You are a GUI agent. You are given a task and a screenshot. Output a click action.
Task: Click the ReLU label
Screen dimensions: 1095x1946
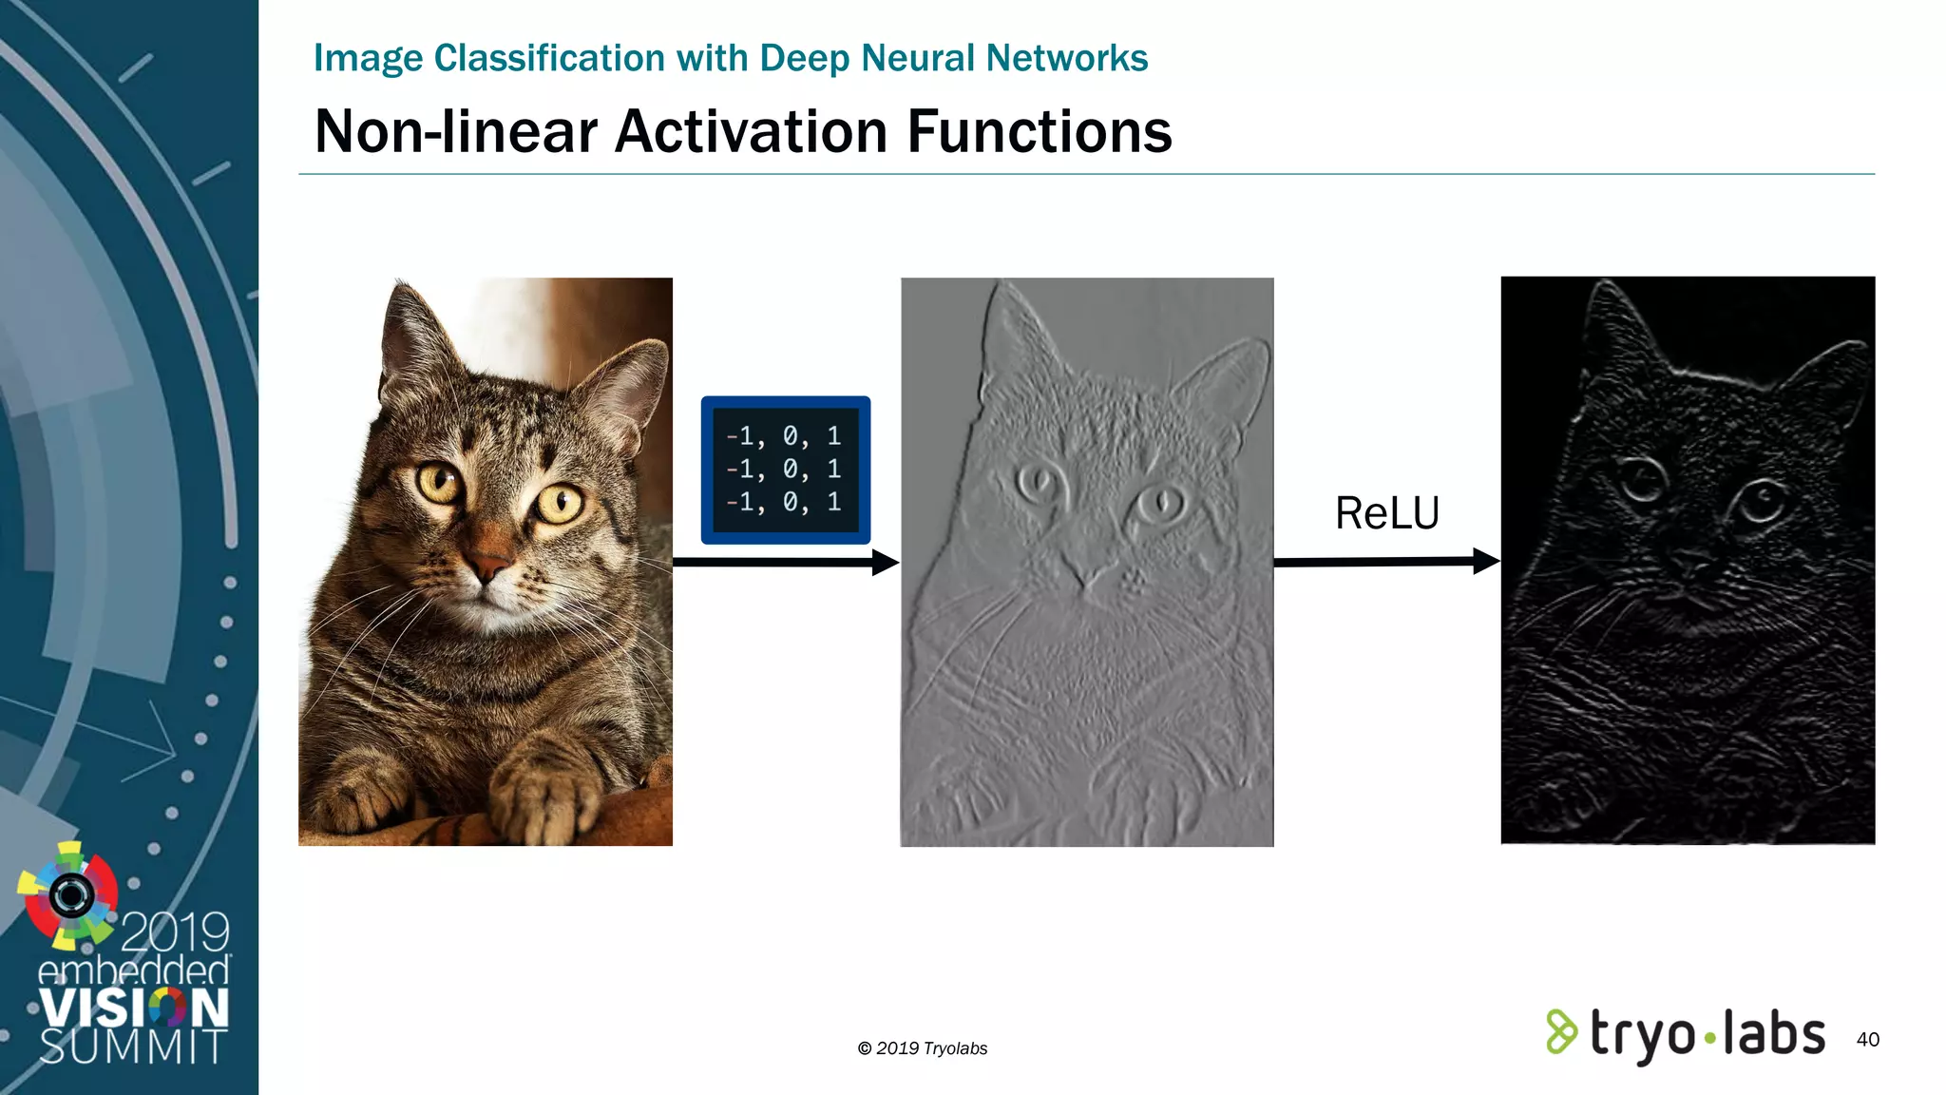(x=1387, y=513)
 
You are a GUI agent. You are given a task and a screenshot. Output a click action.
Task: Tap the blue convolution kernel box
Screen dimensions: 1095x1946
(x=786, y=470)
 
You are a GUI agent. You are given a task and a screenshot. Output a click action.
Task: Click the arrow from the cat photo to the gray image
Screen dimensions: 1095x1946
(x=785, y=563)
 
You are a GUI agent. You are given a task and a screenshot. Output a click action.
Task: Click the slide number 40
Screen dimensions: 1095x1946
(x=1867, y=1039)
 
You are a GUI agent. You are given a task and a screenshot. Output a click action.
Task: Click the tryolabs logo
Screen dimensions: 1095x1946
(x=1686, y=1034)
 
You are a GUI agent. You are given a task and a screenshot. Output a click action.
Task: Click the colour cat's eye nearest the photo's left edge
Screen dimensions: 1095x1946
(x=439, y=481)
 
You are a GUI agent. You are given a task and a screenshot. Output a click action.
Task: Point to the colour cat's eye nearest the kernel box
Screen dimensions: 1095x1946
(x=560, y=502)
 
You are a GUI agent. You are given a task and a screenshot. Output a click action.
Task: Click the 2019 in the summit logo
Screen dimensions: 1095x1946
(x=175, y=932)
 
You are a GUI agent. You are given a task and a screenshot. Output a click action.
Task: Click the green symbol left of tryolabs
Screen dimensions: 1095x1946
(x=1561, y=1032)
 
